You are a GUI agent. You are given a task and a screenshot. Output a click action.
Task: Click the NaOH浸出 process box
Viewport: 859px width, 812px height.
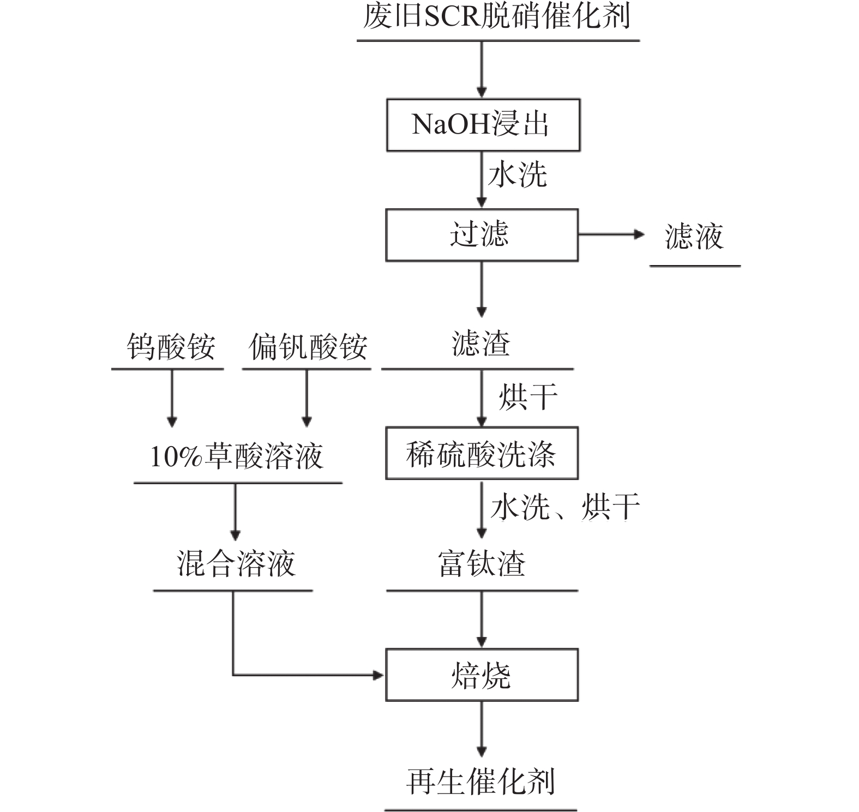coord(483,125)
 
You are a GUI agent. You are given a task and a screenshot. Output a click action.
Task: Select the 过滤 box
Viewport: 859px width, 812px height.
coord(482,234)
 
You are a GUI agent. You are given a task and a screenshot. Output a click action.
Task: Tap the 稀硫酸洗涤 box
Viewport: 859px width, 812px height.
coord(482,453)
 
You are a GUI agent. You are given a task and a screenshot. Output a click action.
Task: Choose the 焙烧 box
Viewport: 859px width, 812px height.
coord(482,675)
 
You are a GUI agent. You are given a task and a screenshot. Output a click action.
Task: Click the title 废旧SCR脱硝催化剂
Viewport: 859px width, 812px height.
coord(497,16)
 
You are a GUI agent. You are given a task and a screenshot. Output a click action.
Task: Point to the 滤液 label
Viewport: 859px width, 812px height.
coord(694,237)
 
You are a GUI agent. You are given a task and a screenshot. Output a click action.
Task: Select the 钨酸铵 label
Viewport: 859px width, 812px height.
coord(171,347)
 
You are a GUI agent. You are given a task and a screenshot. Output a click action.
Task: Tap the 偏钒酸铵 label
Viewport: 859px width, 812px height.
coord(308,347)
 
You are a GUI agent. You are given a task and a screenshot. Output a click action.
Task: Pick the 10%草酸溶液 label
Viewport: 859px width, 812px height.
coord(237,456)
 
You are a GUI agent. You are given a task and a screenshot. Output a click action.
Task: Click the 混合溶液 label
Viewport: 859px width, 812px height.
coord(236,564)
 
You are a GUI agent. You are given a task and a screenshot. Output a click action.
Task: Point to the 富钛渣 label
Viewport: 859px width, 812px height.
coord(482,564)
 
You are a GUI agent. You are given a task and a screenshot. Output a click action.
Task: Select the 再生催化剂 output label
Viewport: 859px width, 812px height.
coord(480,782)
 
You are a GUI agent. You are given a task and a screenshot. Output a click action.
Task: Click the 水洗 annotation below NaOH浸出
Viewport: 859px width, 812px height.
coord(517,175)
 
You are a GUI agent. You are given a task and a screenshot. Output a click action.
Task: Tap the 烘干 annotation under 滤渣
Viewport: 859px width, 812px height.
coord(527,396)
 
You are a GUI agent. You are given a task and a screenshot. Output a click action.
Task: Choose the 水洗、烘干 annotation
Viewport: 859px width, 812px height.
coord(565,507)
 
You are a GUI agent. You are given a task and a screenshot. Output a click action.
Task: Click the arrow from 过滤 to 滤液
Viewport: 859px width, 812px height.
coord(611,234)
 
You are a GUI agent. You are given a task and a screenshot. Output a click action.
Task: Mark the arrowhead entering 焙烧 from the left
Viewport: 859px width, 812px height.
coord(378,675)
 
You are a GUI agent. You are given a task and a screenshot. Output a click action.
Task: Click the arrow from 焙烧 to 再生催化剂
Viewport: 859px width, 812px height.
coord(482,729)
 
